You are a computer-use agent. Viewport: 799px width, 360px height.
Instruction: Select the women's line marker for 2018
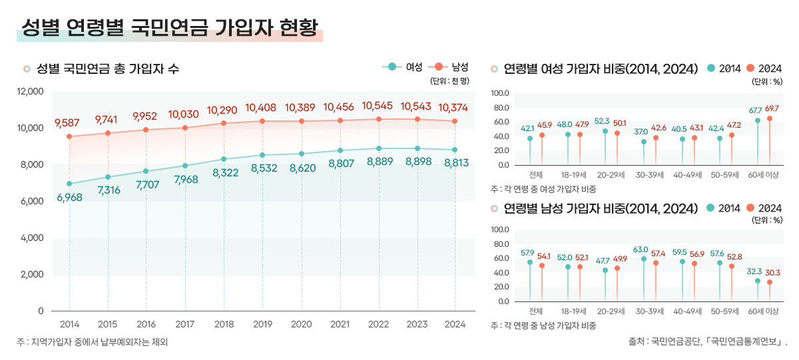point(224,159)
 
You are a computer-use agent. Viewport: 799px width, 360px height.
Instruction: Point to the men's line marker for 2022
point(379,119)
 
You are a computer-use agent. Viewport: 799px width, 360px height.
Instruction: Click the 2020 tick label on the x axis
point(301,325)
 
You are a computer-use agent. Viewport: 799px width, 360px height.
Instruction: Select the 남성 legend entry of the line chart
point(451,67)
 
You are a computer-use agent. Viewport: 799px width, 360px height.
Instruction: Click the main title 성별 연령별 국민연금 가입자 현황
point(169,28)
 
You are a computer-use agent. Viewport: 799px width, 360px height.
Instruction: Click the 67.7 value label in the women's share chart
point(755,110)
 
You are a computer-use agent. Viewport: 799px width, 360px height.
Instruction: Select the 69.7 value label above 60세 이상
point(772,108)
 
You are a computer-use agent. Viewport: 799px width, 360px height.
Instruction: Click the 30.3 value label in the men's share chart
point(772,272)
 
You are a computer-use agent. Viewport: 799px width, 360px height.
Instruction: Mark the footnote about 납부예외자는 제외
point(93,342)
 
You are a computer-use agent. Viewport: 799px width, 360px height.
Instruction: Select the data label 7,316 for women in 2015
point(109,190)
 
